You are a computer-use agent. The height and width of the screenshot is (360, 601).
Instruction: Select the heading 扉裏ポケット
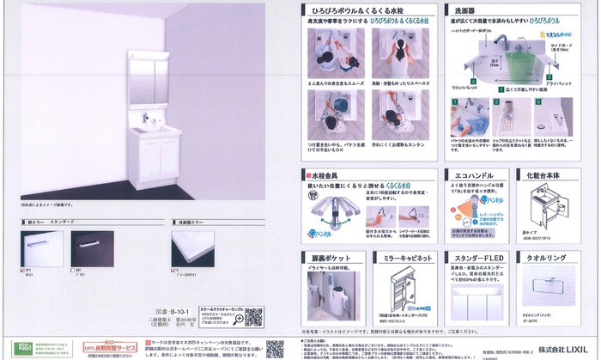329,257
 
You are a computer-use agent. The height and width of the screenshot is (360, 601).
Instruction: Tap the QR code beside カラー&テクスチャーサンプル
253,317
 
